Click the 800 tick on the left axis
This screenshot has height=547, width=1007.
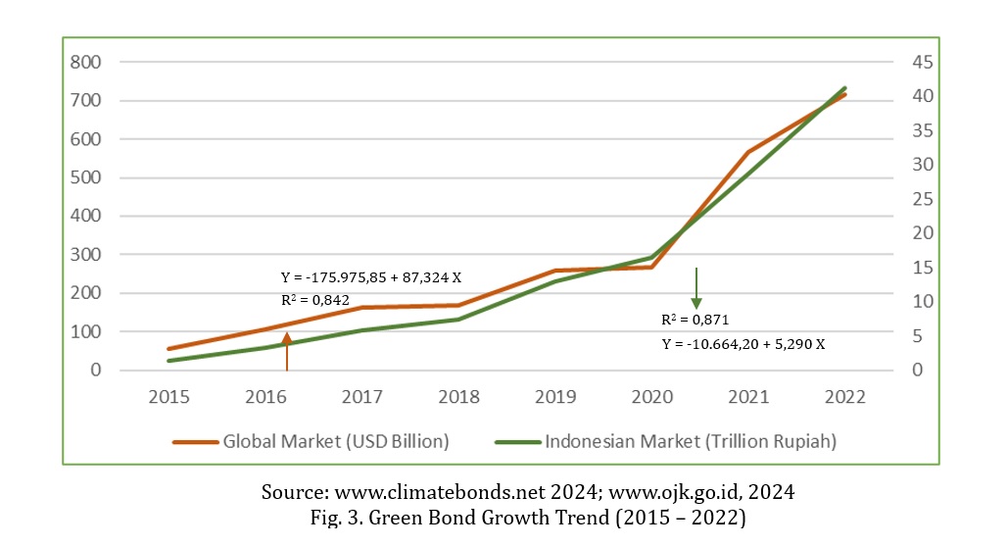[86, 62]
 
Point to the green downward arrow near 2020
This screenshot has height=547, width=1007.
[696, 288]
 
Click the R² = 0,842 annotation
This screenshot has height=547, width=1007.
[315, 300]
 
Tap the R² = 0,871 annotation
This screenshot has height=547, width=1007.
[695, 320]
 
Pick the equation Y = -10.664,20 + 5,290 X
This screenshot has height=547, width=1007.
[743, 344]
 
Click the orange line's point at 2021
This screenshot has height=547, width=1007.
[749, 152]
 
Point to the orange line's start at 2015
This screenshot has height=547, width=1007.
[169, 349]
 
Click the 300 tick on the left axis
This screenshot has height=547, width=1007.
[86, 255]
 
